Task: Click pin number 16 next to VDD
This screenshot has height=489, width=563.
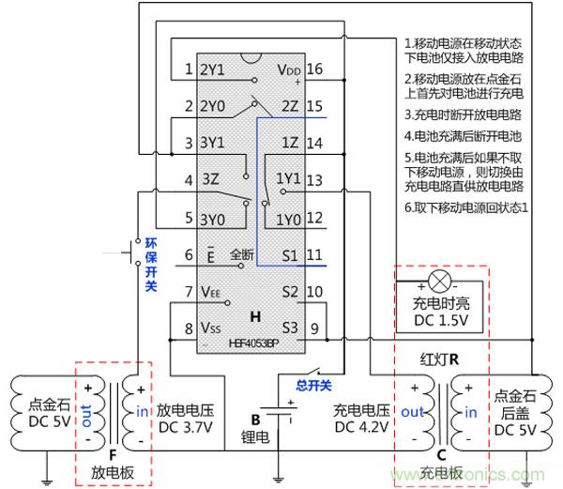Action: coord(314,69)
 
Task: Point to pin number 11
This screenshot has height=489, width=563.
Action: coord(314,254)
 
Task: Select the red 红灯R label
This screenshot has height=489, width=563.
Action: coord(441,358)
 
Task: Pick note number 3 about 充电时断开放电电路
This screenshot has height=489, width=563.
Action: coord(464,115)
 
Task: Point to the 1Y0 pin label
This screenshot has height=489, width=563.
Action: coord(286,218)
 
